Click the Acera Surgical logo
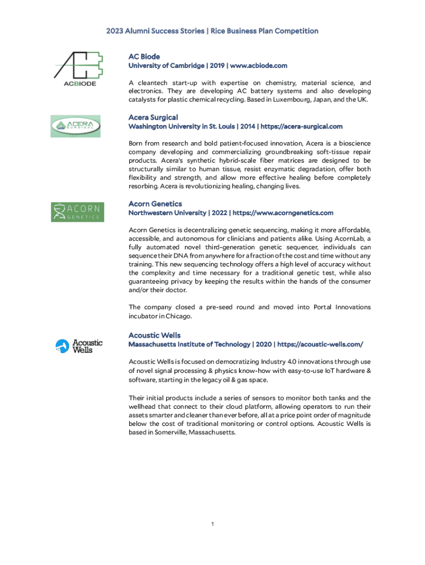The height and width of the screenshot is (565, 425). click(76, 126)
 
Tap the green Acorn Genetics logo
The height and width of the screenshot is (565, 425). click(77, 212)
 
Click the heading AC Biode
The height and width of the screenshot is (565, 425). click(144, 56)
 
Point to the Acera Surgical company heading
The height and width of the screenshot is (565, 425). click(153, 118)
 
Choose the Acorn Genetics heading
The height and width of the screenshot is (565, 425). click(155, 204)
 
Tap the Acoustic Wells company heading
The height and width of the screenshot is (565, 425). click(155, 335)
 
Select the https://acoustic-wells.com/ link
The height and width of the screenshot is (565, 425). click(320, 344)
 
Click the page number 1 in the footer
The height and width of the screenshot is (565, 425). click(212, 524)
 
